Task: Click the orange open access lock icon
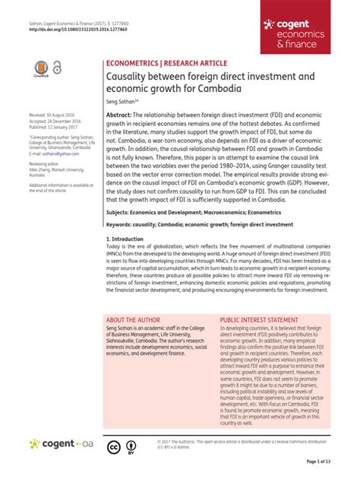pos(57,68)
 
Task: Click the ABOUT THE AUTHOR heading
pos(140,341)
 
